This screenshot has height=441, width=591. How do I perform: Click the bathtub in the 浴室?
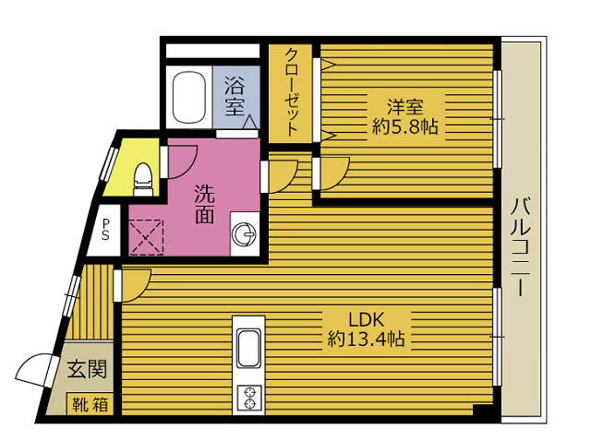[189, 97]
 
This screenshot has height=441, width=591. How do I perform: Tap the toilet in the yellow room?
[144, 179]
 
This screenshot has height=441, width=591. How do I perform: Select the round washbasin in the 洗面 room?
[244, 235]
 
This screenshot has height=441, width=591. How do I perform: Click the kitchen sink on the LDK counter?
[248, 349]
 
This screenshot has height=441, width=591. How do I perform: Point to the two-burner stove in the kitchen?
[248, 398]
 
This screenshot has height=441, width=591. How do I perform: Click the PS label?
[105, 230]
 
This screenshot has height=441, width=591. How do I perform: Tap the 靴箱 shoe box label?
[90, 404]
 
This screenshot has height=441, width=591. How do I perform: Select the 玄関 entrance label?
[87, 369]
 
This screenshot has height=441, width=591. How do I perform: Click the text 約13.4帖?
[366, 339]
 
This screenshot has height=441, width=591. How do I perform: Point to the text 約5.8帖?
[405, 127]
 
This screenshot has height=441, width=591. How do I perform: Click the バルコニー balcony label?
[521, 247]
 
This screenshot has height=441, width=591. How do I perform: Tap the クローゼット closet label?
[292, 92]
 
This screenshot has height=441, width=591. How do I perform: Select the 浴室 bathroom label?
[235, 96]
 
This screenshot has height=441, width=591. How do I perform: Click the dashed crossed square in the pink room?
[146, 237]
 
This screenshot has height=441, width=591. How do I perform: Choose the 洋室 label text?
[405, 107]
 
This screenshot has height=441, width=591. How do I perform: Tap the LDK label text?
[366, 320]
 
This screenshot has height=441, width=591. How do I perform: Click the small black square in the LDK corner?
[482, 411]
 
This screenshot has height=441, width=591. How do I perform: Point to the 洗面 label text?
[205, 204]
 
